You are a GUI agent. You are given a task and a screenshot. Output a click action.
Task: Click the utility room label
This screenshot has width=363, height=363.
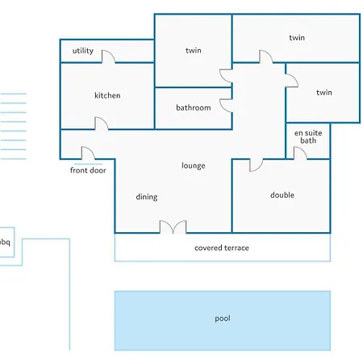(x=83, y=51)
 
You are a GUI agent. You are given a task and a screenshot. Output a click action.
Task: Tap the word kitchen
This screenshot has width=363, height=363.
(x=107, y=95)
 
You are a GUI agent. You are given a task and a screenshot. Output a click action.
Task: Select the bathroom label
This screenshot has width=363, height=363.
(x=194, y=108)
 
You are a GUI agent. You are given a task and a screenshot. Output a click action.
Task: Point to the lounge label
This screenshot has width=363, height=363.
(x=194, y=165)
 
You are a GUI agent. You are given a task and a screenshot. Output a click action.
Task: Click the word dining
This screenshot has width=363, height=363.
(x=147, y=197)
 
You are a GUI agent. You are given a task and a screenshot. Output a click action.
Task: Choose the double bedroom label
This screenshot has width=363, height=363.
(x=282, y=195)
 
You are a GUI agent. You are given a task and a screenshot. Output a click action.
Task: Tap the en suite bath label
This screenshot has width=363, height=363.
(x=308, y=136)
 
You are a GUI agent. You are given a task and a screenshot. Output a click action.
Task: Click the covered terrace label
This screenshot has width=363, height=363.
(x=222, y=248)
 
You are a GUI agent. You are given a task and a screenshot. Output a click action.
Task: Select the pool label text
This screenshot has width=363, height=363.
(x=223, y=319)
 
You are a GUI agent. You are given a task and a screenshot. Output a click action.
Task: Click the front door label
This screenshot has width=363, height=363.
(x=88, y=170)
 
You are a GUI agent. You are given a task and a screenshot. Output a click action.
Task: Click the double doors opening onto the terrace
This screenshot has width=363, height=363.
(x=173, y=226)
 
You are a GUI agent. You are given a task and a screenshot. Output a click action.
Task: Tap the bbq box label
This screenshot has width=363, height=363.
(x=5, y=242)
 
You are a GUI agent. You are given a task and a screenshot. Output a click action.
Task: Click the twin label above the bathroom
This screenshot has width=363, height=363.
(x=194, y=50)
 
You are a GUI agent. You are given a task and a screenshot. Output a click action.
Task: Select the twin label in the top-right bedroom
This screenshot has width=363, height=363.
(x=297, y=38)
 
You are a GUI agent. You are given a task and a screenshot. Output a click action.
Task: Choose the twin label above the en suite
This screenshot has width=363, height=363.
(x=324, y=93)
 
